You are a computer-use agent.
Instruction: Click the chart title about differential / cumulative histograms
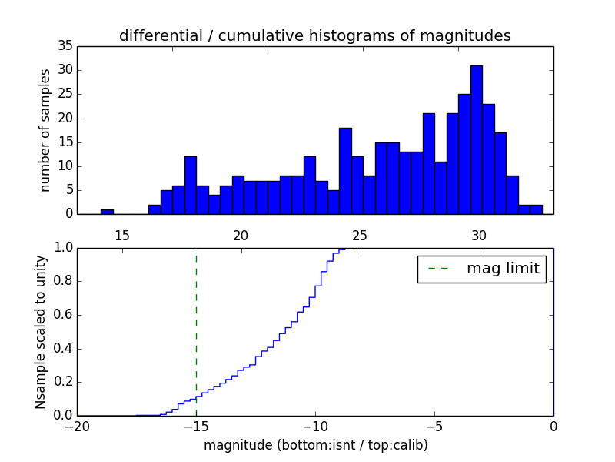314,35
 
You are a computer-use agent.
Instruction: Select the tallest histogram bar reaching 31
477,139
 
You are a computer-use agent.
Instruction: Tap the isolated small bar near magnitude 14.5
107,211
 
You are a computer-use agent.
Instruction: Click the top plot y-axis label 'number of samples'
45,129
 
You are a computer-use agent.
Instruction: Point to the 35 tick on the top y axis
65,46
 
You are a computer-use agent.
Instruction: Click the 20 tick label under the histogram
241,235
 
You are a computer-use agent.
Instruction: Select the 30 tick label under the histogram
479,235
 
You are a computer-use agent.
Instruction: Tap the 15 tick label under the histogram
121,235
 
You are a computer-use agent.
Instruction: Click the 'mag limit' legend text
503,269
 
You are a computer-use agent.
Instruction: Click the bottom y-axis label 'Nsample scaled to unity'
41,331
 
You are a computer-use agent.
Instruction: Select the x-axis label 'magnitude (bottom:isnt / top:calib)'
315,445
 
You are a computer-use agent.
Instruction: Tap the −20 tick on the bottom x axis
77,426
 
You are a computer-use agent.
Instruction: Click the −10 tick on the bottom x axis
314,426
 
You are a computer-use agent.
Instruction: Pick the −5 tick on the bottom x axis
434,426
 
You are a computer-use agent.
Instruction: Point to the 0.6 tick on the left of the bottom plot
61,315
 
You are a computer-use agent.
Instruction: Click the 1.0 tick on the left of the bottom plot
61,248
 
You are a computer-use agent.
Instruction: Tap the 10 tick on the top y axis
65,166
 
